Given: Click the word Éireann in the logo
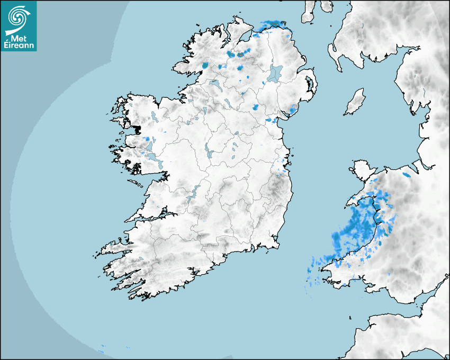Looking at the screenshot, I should click(x=19, y=46).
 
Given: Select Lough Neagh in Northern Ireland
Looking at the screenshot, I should click(x=275, y=73).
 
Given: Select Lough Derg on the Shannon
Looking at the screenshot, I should click(x=192, y=194).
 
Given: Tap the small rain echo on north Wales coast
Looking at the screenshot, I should click(x=407, y=174).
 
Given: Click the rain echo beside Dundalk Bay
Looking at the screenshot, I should click(x=272, y=120).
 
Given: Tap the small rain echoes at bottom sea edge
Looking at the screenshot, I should click(x=102, y=348).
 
